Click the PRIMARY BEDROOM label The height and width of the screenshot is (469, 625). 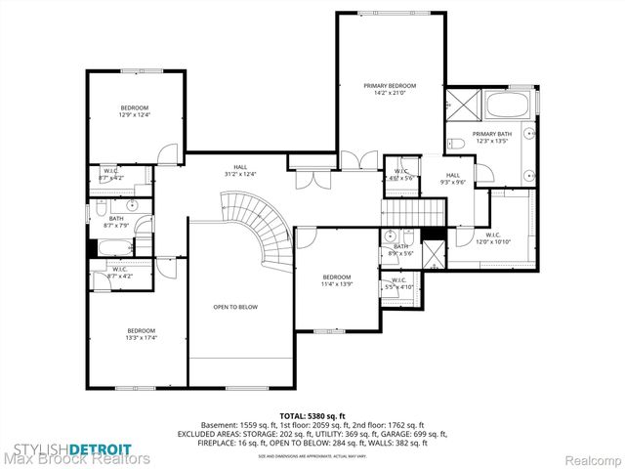384,87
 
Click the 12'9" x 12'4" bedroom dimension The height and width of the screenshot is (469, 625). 134,115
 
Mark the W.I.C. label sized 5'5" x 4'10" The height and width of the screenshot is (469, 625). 399,284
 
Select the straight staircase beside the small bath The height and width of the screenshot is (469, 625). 403,213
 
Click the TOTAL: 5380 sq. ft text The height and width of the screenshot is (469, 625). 312,415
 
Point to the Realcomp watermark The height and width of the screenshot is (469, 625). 588,457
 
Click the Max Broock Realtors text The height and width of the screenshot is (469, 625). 76,457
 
